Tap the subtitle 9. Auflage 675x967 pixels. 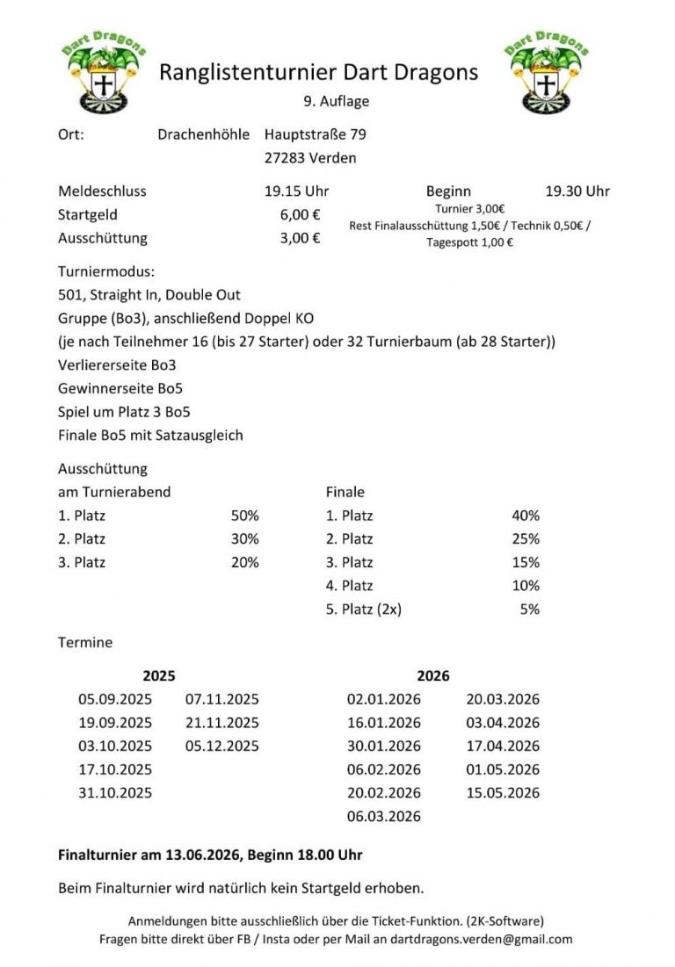337,101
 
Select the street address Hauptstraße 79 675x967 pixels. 316,134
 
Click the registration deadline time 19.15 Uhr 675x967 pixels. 296,191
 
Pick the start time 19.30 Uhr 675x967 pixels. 577,191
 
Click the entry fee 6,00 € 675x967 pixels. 300,214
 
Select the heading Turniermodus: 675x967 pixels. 106,272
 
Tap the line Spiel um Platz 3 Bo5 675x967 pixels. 124,411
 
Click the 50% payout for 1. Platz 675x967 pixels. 245,516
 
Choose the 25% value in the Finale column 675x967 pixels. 526,538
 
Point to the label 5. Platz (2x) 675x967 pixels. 364,609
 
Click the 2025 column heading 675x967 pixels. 159,675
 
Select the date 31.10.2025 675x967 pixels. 115,792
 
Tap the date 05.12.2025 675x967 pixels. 222,746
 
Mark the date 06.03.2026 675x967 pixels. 384,816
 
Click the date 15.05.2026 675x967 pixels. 503,792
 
